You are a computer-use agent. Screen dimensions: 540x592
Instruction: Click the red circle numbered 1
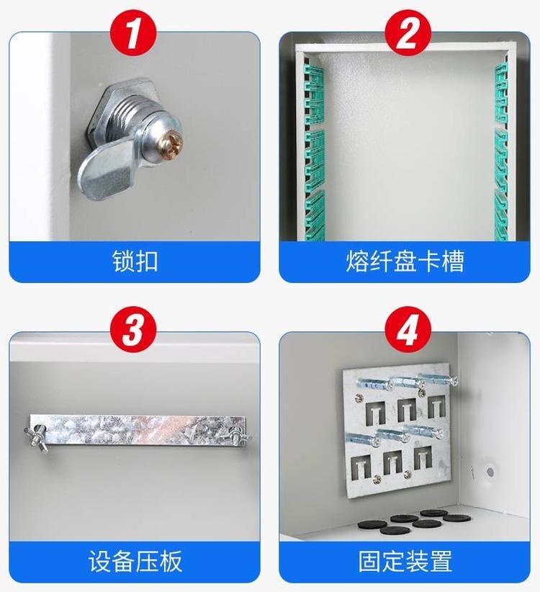coord(133,33)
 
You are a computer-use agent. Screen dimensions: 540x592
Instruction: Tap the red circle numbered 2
coord(408,33)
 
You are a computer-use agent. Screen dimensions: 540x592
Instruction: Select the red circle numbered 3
coord(133,330)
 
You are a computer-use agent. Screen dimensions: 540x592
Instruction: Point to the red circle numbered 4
coord(408,330)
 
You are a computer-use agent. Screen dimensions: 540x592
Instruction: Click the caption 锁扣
coord(135,261)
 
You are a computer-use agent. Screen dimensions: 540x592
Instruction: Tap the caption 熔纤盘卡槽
coord(405,261)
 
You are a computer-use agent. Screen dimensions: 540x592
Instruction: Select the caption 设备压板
coord(135,561)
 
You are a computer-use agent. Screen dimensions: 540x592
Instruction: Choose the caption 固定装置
coord(405,561)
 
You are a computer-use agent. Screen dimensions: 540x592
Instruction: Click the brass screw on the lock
coord(171,142)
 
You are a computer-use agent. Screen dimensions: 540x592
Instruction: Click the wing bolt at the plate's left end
coord(37,437)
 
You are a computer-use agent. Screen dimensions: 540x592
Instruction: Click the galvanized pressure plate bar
coord(138,430)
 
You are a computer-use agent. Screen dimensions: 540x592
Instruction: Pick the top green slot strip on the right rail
coord(501,92)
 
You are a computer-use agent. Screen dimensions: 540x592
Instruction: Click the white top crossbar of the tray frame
coord(402,48)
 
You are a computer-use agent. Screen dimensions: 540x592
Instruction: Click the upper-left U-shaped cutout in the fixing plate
coord(376,413)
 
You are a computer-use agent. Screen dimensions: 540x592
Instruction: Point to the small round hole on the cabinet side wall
coord(490,472)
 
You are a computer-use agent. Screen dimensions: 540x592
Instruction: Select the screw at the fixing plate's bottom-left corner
coord(377,480)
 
